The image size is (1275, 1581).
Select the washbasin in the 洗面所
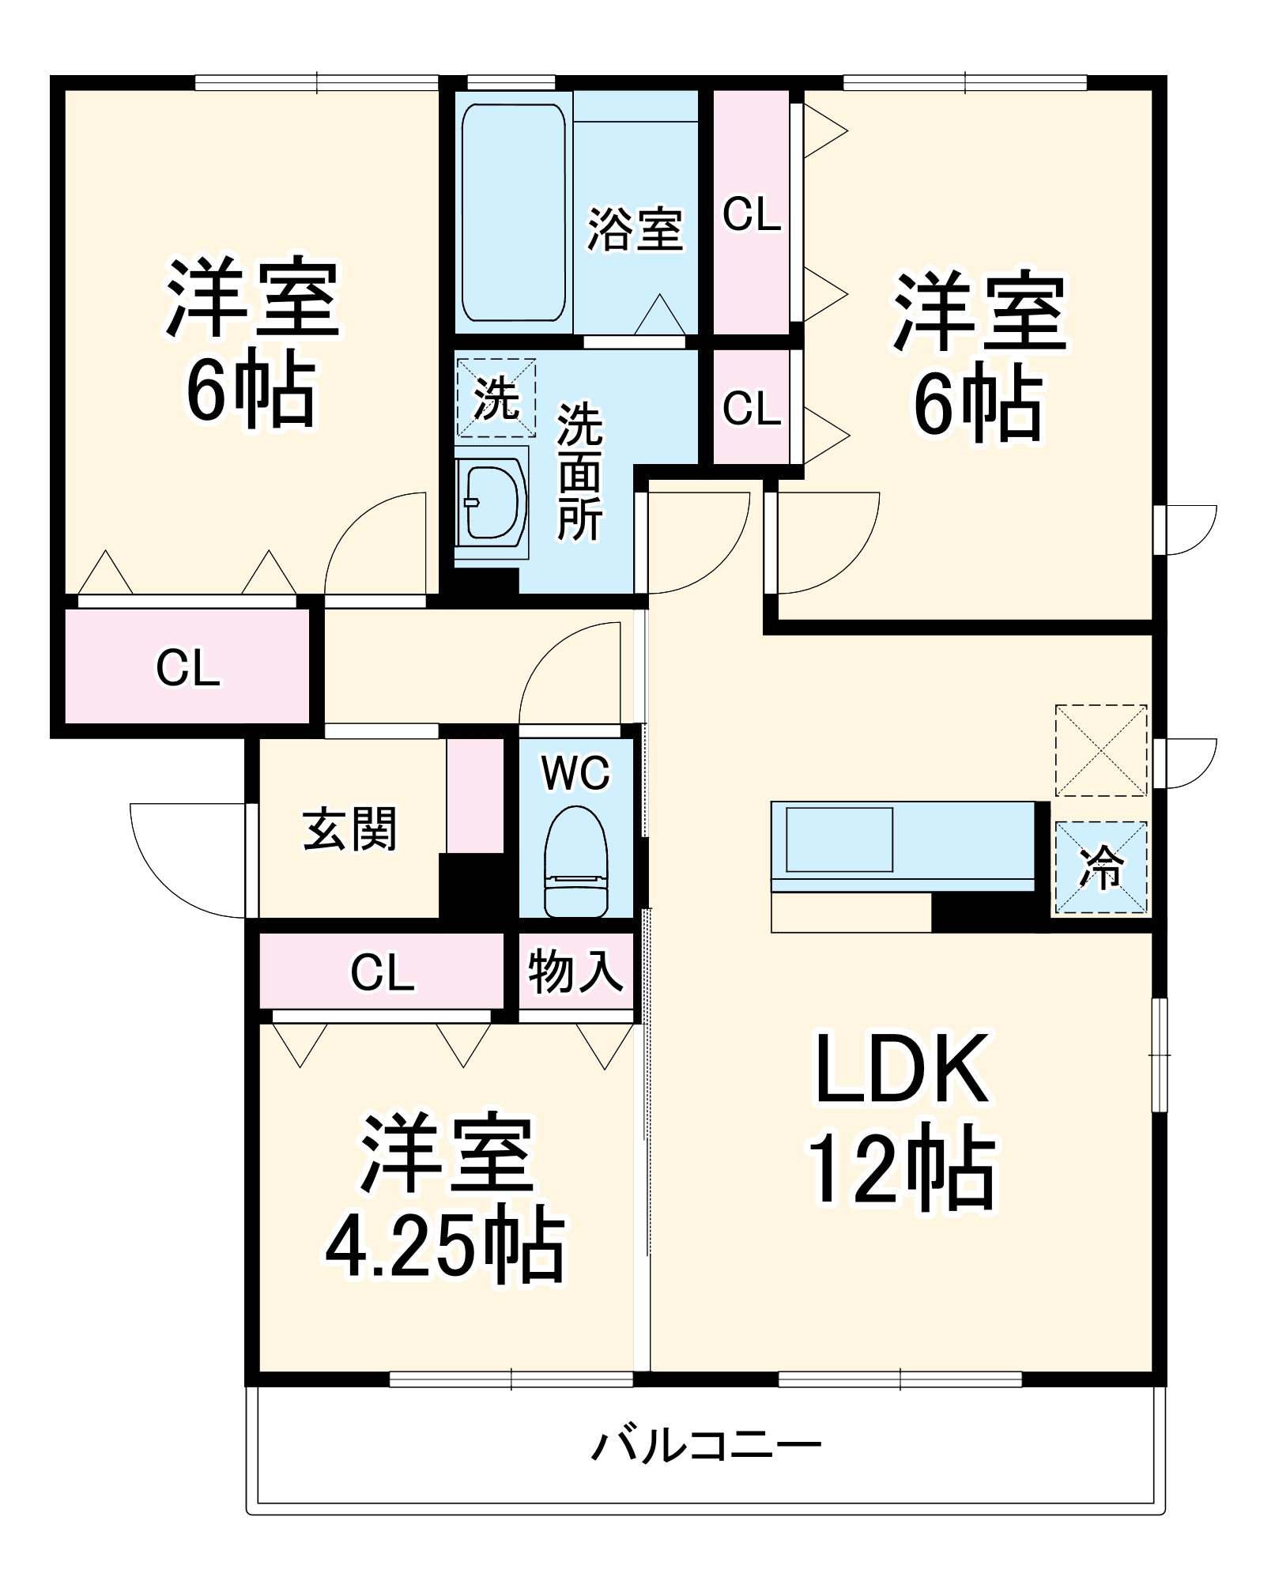click(x=492, y=503)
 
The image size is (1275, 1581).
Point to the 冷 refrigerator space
click(x=1101, y=868)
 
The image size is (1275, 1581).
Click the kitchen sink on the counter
click(x=839, y=840)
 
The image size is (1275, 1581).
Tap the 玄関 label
click(x=349, y=829)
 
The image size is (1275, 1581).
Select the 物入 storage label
click(x=575, y=972)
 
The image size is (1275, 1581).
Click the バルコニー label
click(x=707, y=1447)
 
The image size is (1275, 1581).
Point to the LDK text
click(x=901, y=1070)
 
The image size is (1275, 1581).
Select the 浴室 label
click(x=635, y=230)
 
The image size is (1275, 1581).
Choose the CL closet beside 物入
click(x=382, y=972)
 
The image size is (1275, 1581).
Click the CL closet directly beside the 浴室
click(x=751, y=213)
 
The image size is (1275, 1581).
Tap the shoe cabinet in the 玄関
click(x=475, y=795)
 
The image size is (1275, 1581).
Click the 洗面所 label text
click(x=579, y=472)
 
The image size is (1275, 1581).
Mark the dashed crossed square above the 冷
click(x=1101, y=750)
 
